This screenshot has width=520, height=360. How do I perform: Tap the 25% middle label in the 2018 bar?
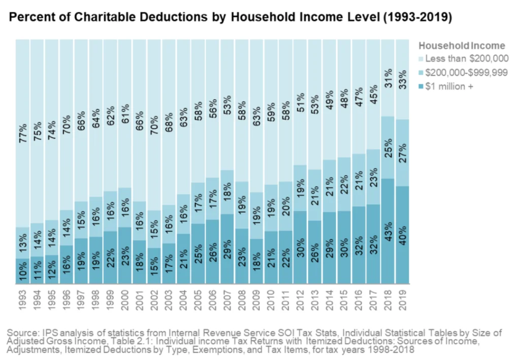click(387, 148)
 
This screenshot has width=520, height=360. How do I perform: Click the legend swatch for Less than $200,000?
click(420, 59)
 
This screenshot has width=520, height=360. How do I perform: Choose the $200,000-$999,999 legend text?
click(467, 73)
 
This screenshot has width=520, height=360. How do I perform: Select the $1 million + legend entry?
click(449, 86)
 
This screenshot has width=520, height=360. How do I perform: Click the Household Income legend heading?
click(461, 46)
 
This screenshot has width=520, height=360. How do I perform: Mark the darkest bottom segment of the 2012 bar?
click(300, 249)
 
